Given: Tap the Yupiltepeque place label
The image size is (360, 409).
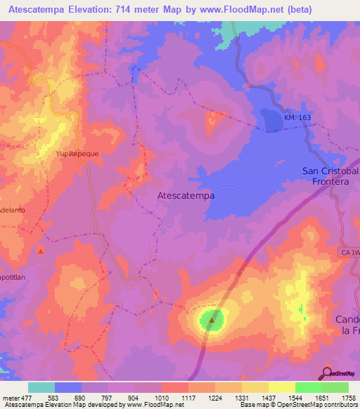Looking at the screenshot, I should [x=79, y=152].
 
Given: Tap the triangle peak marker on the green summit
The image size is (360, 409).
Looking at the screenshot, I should [x=212, y=320].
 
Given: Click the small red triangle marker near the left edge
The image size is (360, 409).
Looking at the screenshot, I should [x=41, y=250].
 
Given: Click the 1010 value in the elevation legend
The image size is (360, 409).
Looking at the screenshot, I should [x=162, y=397].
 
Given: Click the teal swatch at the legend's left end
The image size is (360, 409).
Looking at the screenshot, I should [x=41, y=387].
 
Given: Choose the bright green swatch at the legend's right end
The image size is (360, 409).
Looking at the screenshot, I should [x=335, y=387].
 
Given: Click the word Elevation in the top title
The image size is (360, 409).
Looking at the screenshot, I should [x=105, y=9].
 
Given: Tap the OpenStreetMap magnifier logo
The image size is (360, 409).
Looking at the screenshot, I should [x=328, y=372].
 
